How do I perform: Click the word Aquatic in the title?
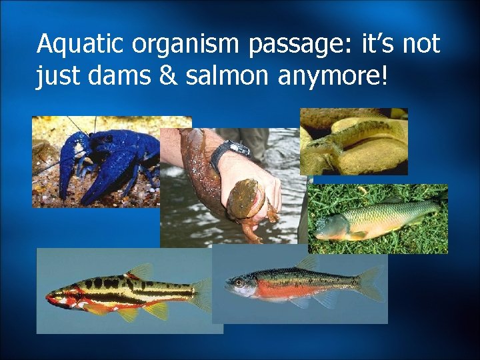coord(81,45)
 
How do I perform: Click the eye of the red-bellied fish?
coord(238,283)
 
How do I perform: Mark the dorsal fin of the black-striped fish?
coord(141,271)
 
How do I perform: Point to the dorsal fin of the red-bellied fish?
coord(306,264)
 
